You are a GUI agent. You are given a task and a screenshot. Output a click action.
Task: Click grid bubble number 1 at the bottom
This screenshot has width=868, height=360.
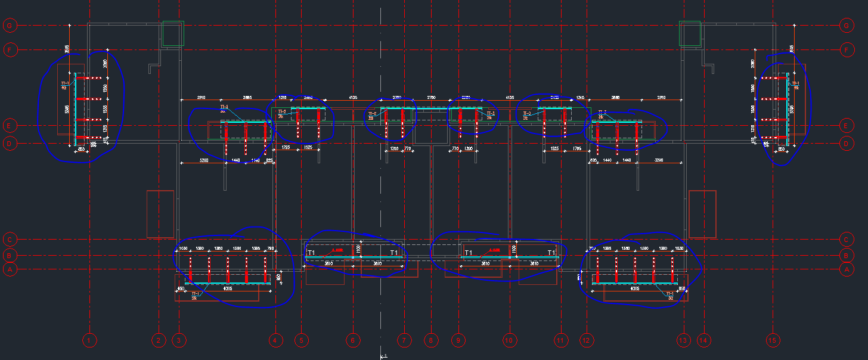pyautogui.click(x=89, y=340)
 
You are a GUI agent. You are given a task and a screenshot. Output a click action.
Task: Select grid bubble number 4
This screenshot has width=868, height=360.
pyautogui.click(x=275, y=340)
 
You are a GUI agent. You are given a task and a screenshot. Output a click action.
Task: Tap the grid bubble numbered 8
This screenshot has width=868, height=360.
pyautogui.click(x=430, y=340)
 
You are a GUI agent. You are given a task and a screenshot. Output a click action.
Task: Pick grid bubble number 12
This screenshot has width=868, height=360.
pyautogui.click(x=587, y=340)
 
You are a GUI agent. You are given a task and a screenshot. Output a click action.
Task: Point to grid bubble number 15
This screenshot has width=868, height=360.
pyautogui.click(x=773, y=340)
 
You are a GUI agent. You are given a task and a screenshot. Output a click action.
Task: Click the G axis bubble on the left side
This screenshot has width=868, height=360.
pyautogui.click(x=10, y=26)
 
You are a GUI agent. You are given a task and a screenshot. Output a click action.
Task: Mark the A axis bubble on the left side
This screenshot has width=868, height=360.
pyautogui.click(x=10, y=269)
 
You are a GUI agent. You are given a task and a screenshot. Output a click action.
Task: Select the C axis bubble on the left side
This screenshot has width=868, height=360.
pyautogui.click(x=10, y=240)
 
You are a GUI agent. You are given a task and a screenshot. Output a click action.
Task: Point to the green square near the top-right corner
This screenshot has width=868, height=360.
pyautogui.click(x=690, y=34)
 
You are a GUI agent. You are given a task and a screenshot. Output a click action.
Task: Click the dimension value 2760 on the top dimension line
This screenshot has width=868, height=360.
pyautogui.click(x=431, y=97)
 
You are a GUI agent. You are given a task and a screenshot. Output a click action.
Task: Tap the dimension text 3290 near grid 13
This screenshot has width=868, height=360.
pyautogui.click(x=659, y=161)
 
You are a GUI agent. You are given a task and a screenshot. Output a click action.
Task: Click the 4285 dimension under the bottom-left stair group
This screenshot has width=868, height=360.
pyautogui.click(x=228, y=288)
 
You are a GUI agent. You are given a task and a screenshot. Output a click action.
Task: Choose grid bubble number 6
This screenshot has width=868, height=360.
pyautogui.click(x=352, y=340)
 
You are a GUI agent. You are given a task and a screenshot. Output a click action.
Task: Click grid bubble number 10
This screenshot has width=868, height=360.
pyautogui.click(x=509, y=340)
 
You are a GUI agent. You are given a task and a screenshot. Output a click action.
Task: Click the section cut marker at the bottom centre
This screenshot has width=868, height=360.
pyautogui.click(x=383, y=356)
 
